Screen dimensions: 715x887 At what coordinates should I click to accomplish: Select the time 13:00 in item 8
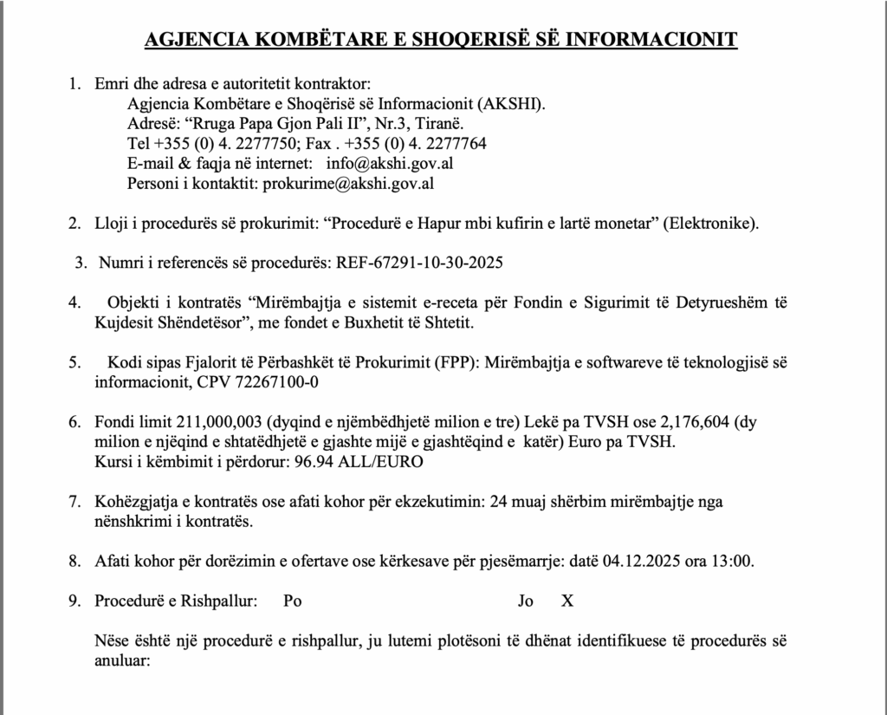(732, 560)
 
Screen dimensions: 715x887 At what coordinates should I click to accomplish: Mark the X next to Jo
(567, 601)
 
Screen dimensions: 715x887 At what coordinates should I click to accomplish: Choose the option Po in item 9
(293, 601)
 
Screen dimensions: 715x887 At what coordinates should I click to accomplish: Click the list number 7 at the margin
(74, 503)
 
